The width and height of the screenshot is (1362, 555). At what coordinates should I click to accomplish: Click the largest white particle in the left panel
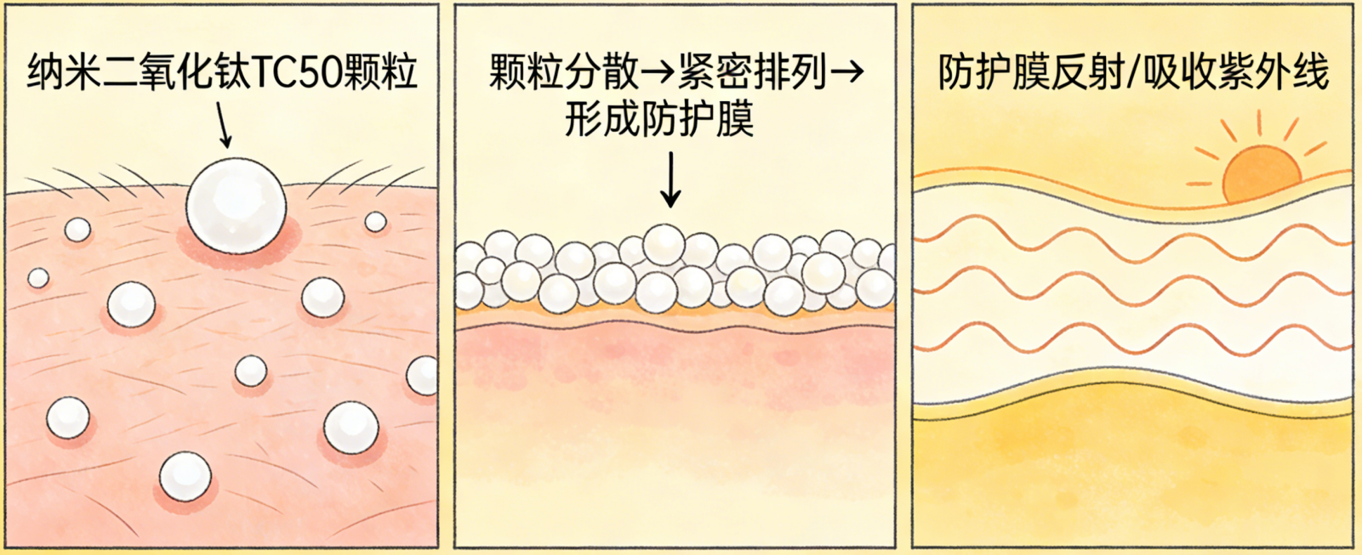[236, 206]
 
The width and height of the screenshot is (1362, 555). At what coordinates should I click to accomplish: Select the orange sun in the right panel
[1261, 174]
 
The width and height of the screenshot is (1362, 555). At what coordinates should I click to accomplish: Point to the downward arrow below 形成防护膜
[670, 180]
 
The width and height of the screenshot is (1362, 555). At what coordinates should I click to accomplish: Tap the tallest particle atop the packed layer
[664, 244]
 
